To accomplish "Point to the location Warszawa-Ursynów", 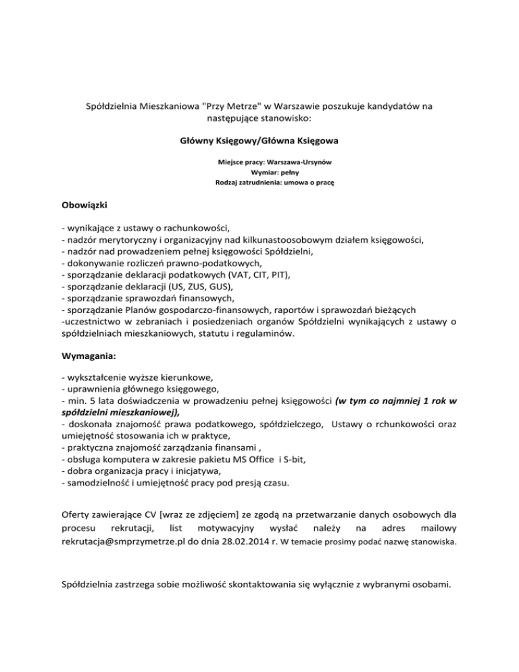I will (297, 163).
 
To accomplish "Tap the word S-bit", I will (292, 459).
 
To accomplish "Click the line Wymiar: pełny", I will (259, 172).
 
